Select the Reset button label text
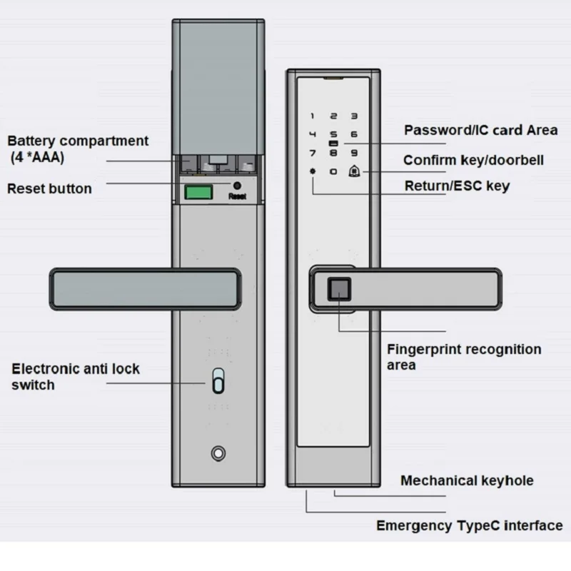(49, 189)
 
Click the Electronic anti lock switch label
(75, 377)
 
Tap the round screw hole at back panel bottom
(218, 454)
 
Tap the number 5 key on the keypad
(333, 133)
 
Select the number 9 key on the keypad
(353, 152)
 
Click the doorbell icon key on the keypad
(353, 171)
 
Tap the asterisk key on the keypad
(312, 171)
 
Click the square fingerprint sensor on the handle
(338, 289)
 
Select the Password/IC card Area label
(480, 130)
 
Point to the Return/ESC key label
(457, 186)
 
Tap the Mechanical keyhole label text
(467, 480)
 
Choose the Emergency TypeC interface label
(469, 526)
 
